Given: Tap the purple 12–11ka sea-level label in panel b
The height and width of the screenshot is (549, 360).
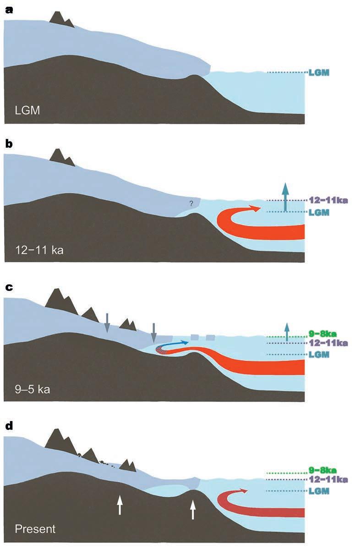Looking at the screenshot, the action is [327, 200].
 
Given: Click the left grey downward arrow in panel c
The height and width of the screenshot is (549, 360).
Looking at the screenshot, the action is [107, 323].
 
